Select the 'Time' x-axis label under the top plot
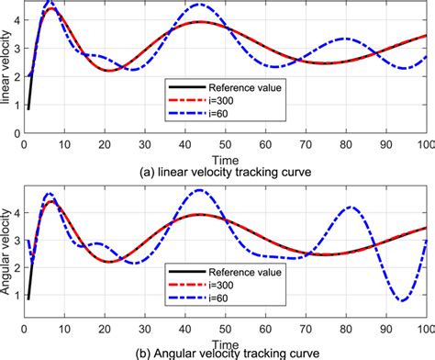(226, 159)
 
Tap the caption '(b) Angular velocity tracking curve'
(226, 353)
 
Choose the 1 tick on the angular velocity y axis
(14, 299)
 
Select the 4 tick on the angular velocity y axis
(14, 211)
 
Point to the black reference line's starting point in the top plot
(28, 108)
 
